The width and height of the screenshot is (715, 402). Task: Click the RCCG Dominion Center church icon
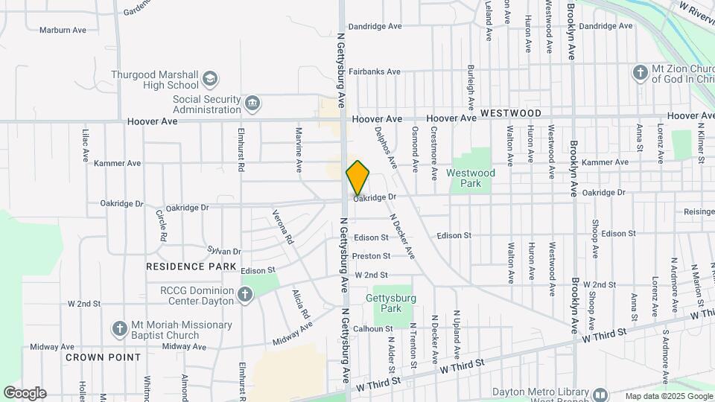tap(244, 296)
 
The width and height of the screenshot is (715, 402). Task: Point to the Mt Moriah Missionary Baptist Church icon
tap(119, 328)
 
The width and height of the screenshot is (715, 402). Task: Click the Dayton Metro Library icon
tap(600, 394)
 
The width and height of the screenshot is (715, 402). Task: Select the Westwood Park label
tap(471, 177)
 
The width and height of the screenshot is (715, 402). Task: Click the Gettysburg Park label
tap(385, 303)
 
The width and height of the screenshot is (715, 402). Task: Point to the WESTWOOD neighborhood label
tap(510, 113)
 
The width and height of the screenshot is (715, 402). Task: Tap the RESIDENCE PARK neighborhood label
tap(191, 267)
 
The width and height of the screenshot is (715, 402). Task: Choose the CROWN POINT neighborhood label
tap(104, 357)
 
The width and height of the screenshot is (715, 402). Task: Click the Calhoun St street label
tap(373, 328)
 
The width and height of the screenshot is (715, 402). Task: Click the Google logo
tap(24, 393)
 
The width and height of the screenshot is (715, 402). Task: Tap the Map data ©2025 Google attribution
tap(667, 396)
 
